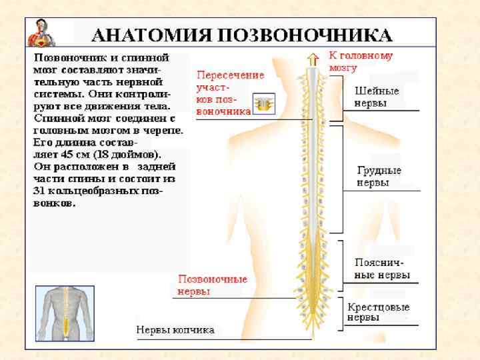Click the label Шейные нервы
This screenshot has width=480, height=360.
(377, 97)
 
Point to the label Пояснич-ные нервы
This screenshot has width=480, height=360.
(382, 269)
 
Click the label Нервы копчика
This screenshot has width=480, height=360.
(175, 330)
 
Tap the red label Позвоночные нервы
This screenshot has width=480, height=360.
(212, 285)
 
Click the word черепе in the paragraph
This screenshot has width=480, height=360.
(163, 130)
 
